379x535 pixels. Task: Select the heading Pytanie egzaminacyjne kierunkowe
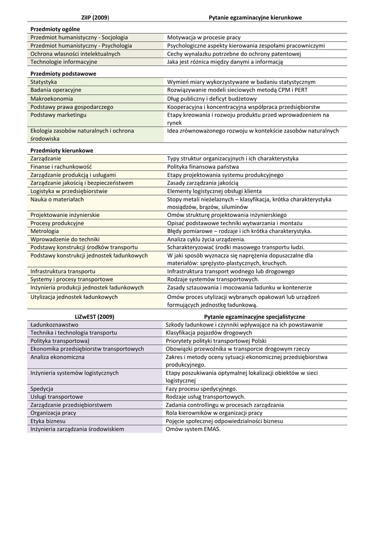255,18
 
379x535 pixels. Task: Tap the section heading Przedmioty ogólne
52,30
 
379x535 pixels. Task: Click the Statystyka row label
44,82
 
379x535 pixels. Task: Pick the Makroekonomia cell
52,99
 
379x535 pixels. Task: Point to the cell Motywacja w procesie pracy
204,38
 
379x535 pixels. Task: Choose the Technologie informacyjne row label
64,62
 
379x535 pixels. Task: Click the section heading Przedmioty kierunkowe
58,150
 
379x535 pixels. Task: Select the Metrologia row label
45,231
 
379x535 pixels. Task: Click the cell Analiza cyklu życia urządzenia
206,239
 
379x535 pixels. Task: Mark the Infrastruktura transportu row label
63,272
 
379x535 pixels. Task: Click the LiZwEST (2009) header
95,317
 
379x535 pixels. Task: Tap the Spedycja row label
42,389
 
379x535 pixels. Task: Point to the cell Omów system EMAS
193,429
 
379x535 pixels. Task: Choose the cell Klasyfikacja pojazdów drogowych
209,333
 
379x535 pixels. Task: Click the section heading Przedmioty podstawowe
63,74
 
